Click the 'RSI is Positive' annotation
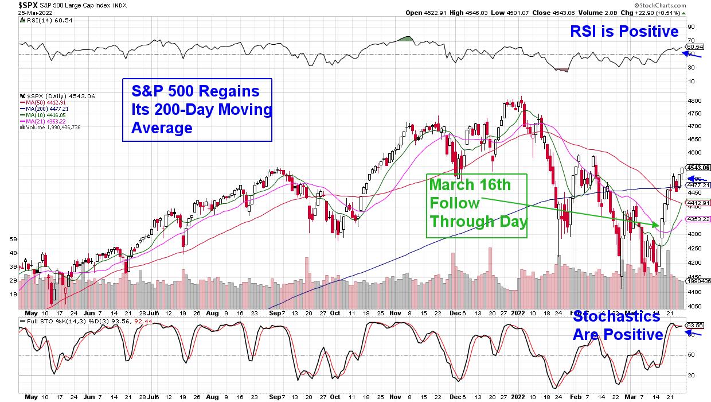(624, 31)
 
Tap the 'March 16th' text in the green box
(470, 185)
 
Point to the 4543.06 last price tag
(699, 168)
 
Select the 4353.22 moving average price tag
(698, 219)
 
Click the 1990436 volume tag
(699, 281)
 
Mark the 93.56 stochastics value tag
(696, 324)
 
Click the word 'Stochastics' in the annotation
(616, 316)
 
